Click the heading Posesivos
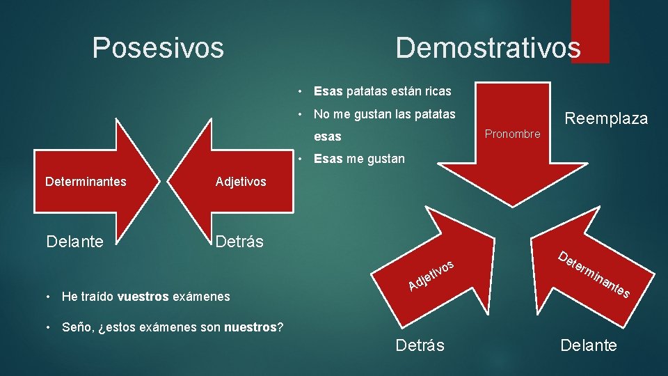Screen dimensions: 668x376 point(158,48)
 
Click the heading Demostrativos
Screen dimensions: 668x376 point(488,48)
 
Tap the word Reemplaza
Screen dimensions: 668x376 point(605,118)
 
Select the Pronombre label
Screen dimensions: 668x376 point(512,134)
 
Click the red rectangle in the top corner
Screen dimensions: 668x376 point(589,31)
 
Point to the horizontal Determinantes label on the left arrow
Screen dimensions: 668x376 point(86,182)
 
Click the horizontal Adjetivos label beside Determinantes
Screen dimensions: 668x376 point(241,182)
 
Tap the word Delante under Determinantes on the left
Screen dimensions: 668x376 point(74,242)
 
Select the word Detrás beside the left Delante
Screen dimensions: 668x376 point(239,242)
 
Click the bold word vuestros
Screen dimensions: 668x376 point(143,297)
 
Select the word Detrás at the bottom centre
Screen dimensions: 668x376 point(420,345)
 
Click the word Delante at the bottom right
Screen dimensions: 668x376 point(589,345)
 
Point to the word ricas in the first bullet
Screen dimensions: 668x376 point(436,91)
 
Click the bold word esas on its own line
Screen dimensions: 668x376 point(328,136)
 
